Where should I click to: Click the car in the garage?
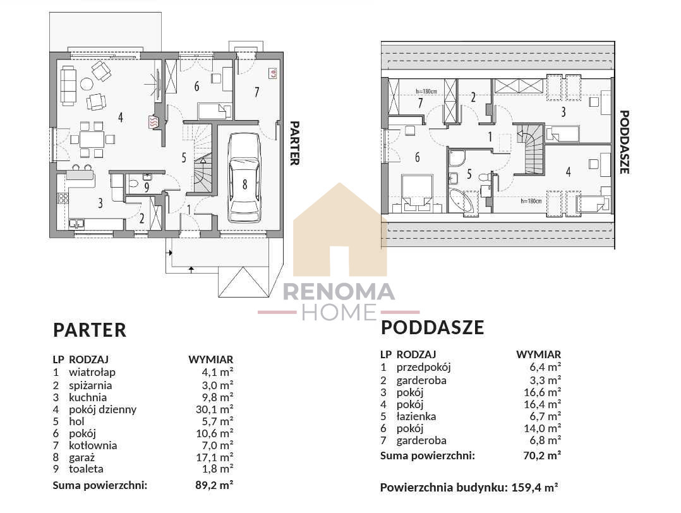244,178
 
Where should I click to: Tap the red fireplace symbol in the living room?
154,123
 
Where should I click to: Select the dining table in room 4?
92,140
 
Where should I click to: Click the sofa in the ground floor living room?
68,85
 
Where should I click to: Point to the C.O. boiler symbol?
273,74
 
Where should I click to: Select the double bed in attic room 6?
418,193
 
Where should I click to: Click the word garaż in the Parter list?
81,457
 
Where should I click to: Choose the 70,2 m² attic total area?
542,456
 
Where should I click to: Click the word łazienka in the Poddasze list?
416,416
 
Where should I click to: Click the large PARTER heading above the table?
90,330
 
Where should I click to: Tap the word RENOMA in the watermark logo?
339,292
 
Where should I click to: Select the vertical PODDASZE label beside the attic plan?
624,142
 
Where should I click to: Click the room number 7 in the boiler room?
256,92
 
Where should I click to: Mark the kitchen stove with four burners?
63,198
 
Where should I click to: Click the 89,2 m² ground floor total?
215,485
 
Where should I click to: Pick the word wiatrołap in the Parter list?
92,372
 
